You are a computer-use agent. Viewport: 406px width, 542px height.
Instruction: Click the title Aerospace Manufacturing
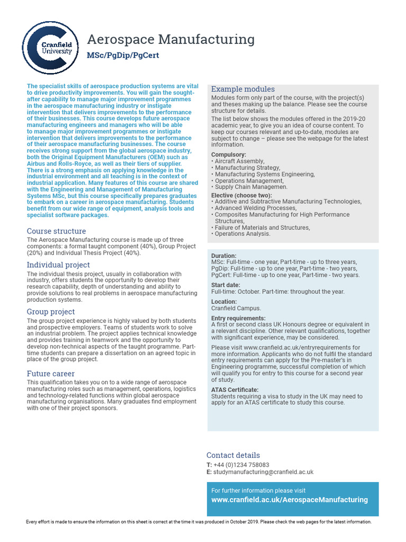170,39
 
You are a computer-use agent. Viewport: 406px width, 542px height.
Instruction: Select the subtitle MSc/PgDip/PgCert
123,56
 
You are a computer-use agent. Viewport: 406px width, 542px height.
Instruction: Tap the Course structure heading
56,231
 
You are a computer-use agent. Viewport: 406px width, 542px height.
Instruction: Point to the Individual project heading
58,265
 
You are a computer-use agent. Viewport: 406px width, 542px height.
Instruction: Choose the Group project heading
51,312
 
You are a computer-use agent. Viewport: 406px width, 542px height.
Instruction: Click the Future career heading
51,373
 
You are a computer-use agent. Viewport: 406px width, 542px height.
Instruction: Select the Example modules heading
243,89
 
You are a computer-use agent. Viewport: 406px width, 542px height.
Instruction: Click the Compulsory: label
228,155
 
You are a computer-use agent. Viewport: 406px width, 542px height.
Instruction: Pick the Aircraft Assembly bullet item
239,161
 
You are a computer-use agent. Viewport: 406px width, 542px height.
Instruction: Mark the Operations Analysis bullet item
242,234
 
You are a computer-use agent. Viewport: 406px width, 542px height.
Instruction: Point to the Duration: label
224,256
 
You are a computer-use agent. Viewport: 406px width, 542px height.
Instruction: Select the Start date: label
226,285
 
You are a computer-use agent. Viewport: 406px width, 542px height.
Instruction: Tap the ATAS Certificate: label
235,390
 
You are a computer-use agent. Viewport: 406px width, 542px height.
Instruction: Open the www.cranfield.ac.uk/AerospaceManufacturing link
289,500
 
